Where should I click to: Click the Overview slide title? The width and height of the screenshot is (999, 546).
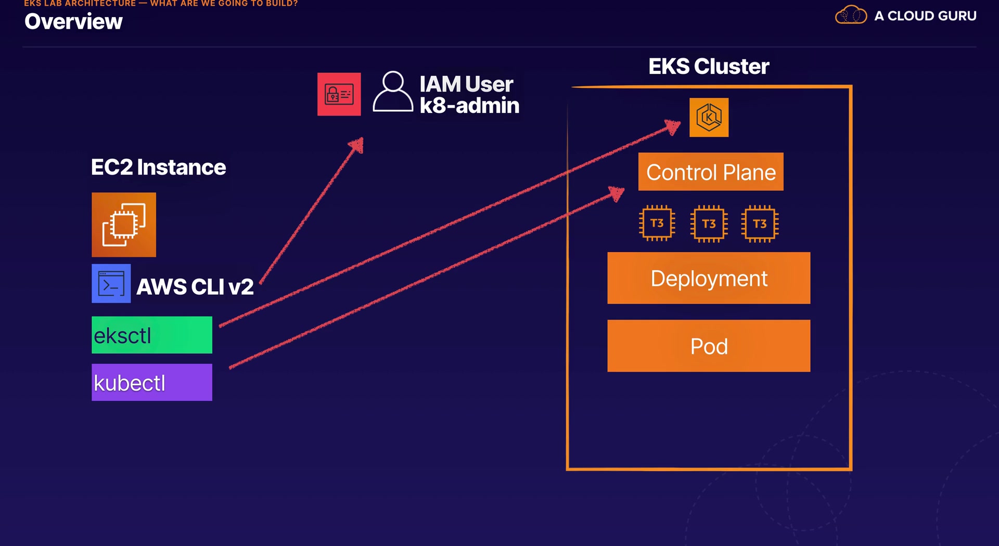pyautogui.click(x=73, y=22)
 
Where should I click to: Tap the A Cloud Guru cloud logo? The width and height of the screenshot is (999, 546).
pyautogui.click(x=851, y=15)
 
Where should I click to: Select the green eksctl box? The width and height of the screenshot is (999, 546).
pyautogui.click(x=152, y=335)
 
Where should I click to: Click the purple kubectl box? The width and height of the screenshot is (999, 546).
pyautogui.click(x=152, y=382)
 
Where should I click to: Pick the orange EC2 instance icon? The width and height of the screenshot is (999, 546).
pyautogui.click(x=124, y=225)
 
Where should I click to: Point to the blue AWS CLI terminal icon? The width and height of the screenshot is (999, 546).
pyautogui.click(x=111, y=284)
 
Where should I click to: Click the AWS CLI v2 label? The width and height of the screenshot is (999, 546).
pyautogui.click(x=195, y=287)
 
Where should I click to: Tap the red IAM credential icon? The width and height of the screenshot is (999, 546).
pyautogui.click(x=339, y=94)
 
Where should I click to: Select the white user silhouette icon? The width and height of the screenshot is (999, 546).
pyautogui.click(x=393, y=92)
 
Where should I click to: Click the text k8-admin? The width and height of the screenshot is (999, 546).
pyautogui.click(x=469, y=106)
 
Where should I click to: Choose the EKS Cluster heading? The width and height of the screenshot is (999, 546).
pyautogui.click(x=709, y=67)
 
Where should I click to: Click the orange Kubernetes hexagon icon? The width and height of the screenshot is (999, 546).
pyautogui.click(x=709, y=118)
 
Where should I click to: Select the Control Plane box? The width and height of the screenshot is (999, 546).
pyautogui.click(x=711, y=172)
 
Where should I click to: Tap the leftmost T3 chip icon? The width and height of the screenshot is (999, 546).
pyautogui.click(x=657, y=224)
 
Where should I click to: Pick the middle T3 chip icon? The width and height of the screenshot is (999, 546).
pyautogui.click(x=709, y=224)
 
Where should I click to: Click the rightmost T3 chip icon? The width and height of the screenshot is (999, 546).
pyautogui.click(x=760, y=224)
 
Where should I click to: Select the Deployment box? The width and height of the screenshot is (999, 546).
pyautogui.click(x=709, y=278)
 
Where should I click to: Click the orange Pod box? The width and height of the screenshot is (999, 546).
pyautogui.click(x=709, y=346)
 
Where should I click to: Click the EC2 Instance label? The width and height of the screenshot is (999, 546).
pyautogui.click(x=158, y=167)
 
